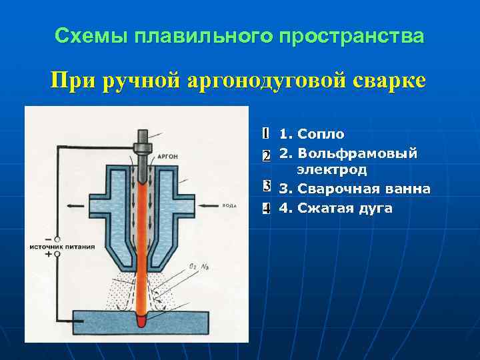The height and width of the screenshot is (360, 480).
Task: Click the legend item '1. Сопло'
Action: (x=312, y=135)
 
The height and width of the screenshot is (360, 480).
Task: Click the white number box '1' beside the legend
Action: (x=265, y=134)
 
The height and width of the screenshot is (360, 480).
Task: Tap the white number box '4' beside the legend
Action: (x=265, y=209)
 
